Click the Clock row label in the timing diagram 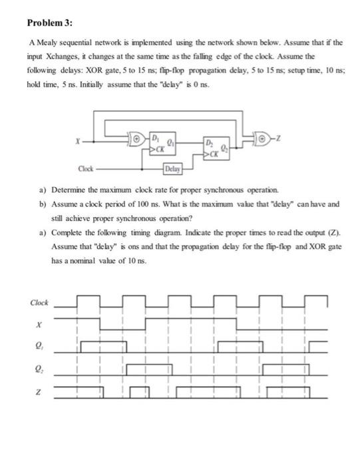click(39, 303)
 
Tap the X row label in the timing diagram click(39, 325)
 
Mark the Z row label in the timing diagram click(39, 391)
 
